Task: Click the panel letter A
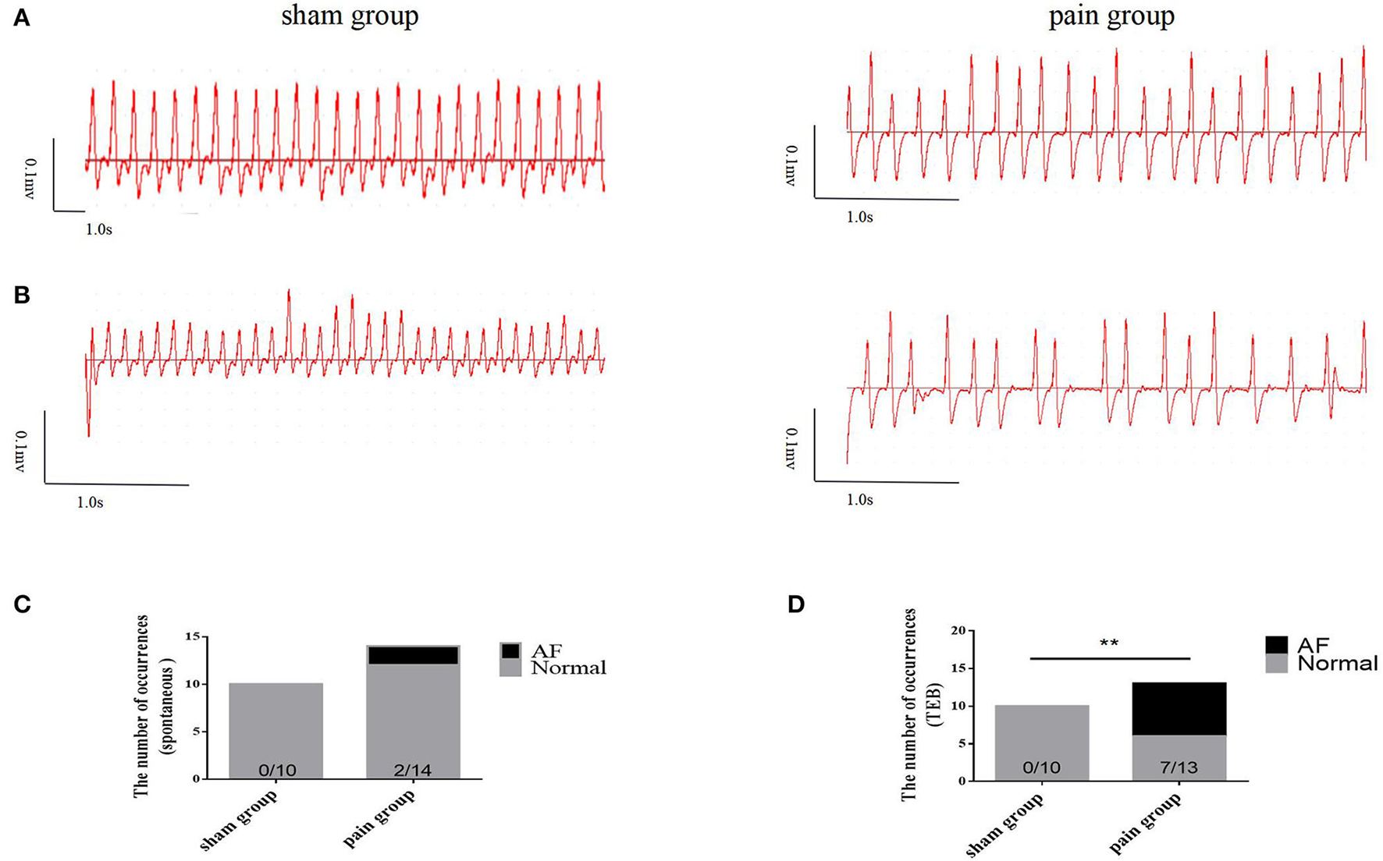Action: tap(22, 18)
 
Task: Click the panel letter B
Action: tap(22, 296)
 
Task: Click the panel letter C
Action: tap(22, 604)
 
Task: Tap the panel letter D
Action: tap(795, 604)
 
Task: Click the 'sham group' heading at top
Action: tap(350, 16)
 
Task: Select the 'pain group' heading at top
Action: tap(1111, 16)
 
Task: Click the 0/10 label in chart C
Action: tap(277, 771)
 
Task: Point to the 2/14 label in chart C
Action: tap(412, 771)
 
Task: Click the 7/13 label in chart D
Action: tap(1179, 768)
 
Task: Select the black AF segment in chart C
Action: tap(413, 655)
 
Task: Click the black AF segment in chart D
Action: tap(1179, 708)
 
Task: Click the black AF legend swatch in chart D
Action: tap(1277, 645)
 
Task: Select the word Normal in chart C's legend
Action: tap(568, 668)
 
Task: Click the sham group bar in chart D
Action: tap(1041, 741)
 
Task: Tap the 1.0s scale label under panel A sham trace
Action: tap(98, 230)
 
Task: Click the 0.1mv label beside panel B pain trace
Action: tap(791, 448)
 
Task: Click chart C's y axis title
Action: tap(150, 706)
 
